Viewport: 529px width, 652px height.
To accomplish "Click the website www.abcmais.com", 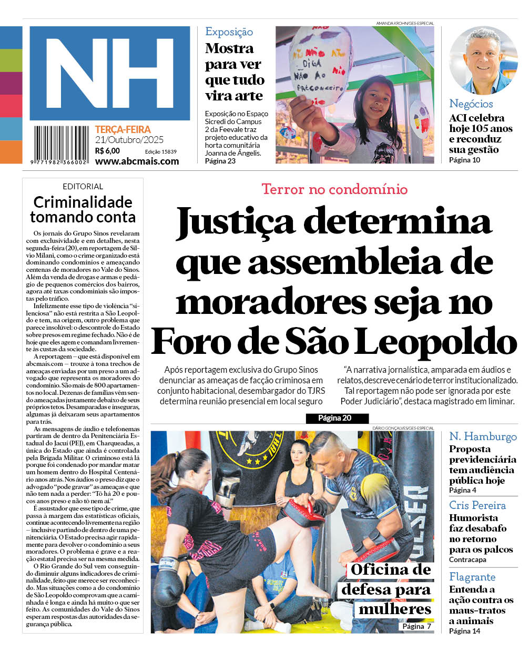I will [137, 161].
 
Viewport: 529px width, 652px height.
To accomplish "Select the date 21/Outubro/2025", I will [129, 140].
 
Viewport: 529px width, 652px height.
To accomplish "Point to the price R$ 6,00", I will [107, 151].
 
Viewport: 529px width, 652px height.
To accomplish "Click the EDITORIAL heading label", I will [83, 187].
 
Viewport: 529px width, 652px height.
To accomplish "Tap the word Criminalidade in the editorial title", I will [83, 202].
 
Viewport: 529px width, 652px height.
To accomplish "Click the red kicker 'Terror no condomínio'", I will [334, 189].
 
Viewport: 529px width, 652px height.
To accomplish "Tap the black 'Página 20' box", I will [334, 419].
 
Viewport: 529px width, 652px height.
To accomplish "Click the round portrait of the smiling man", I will [483, 60].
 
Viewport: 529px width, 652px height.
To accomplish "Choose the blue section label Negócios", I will [471, 104].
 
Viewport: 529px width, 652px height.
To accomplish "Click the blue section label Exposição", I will [229, 32].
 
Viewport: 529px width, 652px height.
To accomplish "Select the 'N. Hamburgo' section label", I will [483, 436].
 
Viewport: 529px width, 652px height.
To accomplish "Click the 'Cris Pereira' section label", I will [477, 505].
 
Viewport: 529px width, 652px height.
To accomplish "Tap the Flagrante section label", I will [472, 577].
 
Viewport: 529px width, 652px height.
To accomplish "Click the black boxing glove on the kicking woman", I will [167, 575].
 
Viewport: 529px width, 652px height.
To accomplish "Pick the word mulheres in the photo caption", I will [395, 609].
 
